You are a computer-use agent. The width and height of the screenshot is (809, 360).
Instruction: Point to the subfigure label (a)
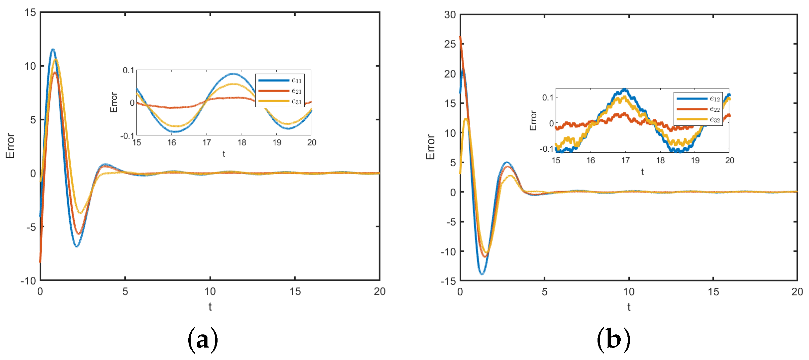[x=203, y=340]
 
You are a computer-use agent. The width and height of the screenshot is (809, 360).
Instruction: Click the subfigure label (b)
[x=613, y=340]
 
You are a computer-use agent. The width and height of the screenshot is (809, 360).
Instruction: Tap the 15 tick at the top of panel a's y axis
[x=30, y=13]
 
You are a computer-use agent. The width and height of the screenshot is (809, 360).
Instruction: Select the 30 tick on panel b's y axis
[x=450, y=15]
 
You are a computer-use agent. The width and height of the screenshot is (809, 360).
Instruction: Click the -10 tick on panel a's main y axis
[x=29, y=281]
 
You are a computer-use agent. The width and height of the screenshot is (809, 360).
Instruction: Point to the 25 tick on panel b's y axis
[x=450, y=44]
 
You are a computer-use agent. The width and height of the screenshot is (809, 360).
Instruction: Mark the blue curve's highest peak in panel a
[x=52, y=49]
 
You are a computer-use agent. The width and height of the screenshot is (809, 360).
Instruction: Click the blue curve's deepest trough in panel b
[x=482, y=274]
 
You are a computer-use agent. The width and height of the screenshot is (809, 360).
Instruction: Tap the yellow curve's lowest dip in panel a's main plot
[x=80, y=213]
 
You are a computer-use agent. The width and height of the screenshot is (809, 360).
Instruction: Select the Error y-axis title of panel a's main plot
[x=10, y=146]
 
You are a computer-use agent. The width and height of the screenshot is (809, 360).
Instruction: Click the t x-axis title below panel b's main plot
[x=629, y=307]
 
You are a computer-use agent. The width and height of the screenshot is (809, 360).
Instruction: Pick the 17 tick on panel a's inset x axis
[x=207, y=143]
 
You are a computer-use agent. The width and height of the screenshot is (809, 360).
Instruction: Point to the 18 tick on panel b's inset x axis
[x=660, y=160]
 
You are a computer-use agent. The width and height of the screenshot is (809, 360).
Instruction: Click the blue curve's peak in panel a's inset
[x=233, y=74]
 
